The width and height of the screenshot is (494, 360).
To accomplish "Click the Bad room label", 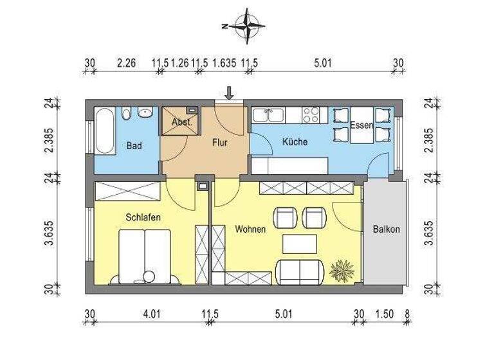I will click(x=134, y=146).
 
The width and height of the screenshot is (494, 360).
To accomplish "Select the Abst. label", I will click(x=181, y=122).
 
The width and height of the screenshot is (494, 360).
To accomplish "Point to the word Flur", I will click(x=220, y=144).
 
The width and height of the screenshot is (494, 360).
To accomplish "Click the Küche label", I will click(x=295, y=141).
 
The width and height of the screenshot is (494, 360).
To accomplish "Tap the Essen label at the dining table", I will click(x=361, y=125).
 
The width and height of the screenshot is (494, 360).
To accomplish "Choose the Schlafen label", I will click(x=143, y=217).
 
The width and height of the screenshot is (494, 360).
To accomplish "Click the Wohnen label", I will click(x=250, y=229).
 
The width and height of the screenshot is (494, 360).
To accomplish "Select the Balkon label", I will click(x=386, y=229).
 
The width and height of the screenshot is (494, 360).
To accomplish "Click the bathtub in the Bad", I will click(x=104, y=130).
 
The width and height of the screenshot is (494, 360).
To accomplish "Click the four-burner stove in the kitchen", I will click(x=311, y=115).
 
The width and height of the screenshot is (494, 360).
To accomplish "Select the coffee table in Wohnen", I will click(x=300, y=244).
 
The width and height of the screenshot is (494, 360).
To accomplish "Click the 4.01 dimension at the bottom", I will click(x=151, y=314).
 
